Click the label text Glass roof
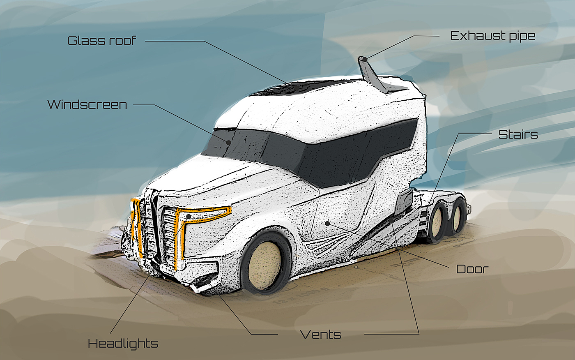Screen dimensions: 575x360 click(x=101, y=41)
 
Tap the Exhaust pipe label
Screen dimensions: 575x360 click(x=492, y=36)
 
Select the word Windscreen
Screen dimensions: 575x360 click(x=87, y=104)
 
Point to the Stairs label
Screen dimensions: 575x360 click(x=518, y=134)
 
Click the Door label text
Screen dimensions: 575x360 click(x=472, y=269)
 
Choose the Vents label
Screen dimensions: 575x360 click(x=320, y=335)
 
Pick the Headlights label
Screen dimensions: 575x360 click(x=123, y=344)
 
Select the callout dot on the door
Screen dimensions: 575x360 click(x=327, y=223)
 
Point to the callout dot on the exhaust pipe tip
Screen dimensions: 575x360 click(x=364, y=60)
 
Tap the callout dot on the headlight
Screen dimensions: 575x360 click(x=189, y=216)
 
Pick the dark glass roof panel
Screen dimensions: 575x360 click(x=300, y=88)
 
